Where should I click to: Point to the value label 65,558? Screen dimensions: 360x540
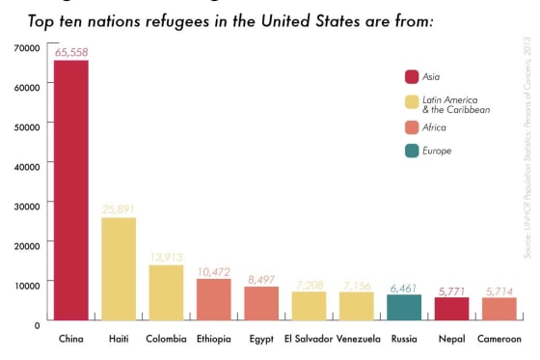tap(71, 52)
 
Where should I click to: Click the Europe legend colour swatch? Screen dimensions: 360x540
tap(412, 151)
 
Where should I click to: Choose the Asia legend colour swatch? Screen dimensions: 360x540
tap(412, 76)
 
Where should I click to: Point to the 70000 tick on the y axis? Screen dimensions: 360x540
tap(26, 46)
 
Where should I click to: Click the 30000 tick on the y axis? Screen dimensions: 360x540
tap(26, 205)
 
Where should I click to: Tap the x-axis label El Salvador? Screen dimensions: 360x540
tap(309, 340)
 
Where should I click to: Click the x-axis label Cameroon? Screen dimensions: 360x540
tap(499, 340)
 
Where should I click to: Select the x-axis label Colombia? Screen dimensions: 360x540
tap(166, 340)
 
